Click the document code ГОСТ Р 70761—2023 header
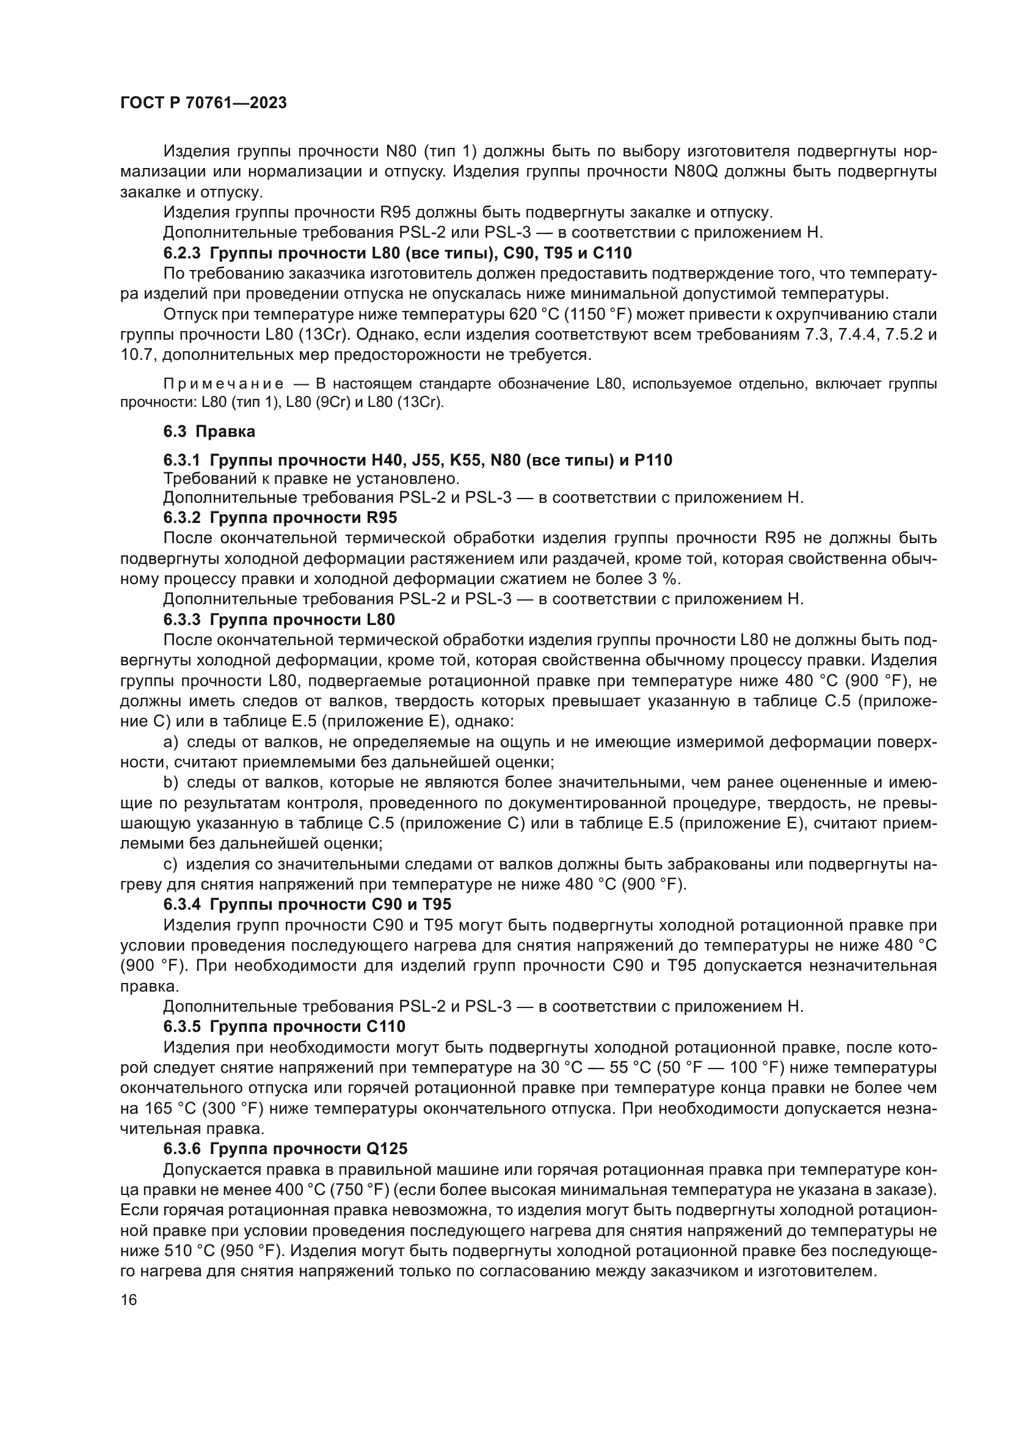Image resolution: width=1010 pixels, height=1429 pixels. [203, 103]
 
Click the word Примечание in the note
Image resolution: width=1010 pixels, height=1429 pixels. [223, 384]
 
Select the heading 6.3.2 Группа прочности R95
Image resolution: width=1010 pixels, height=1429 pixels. [280, 518]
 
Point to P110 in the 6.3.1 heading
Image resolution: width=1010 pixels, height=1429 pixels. [653, 461]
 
